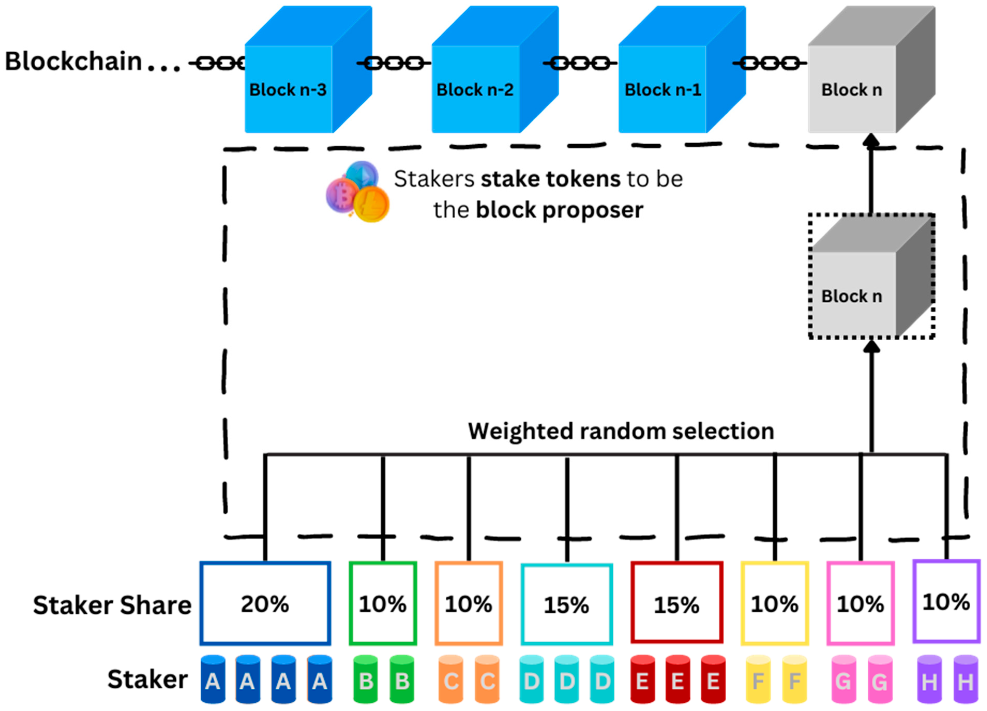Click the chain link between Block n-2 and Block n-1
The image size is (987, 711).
(x=580, y=63)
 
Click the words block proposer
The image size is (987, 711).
(x=559, y=210)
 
